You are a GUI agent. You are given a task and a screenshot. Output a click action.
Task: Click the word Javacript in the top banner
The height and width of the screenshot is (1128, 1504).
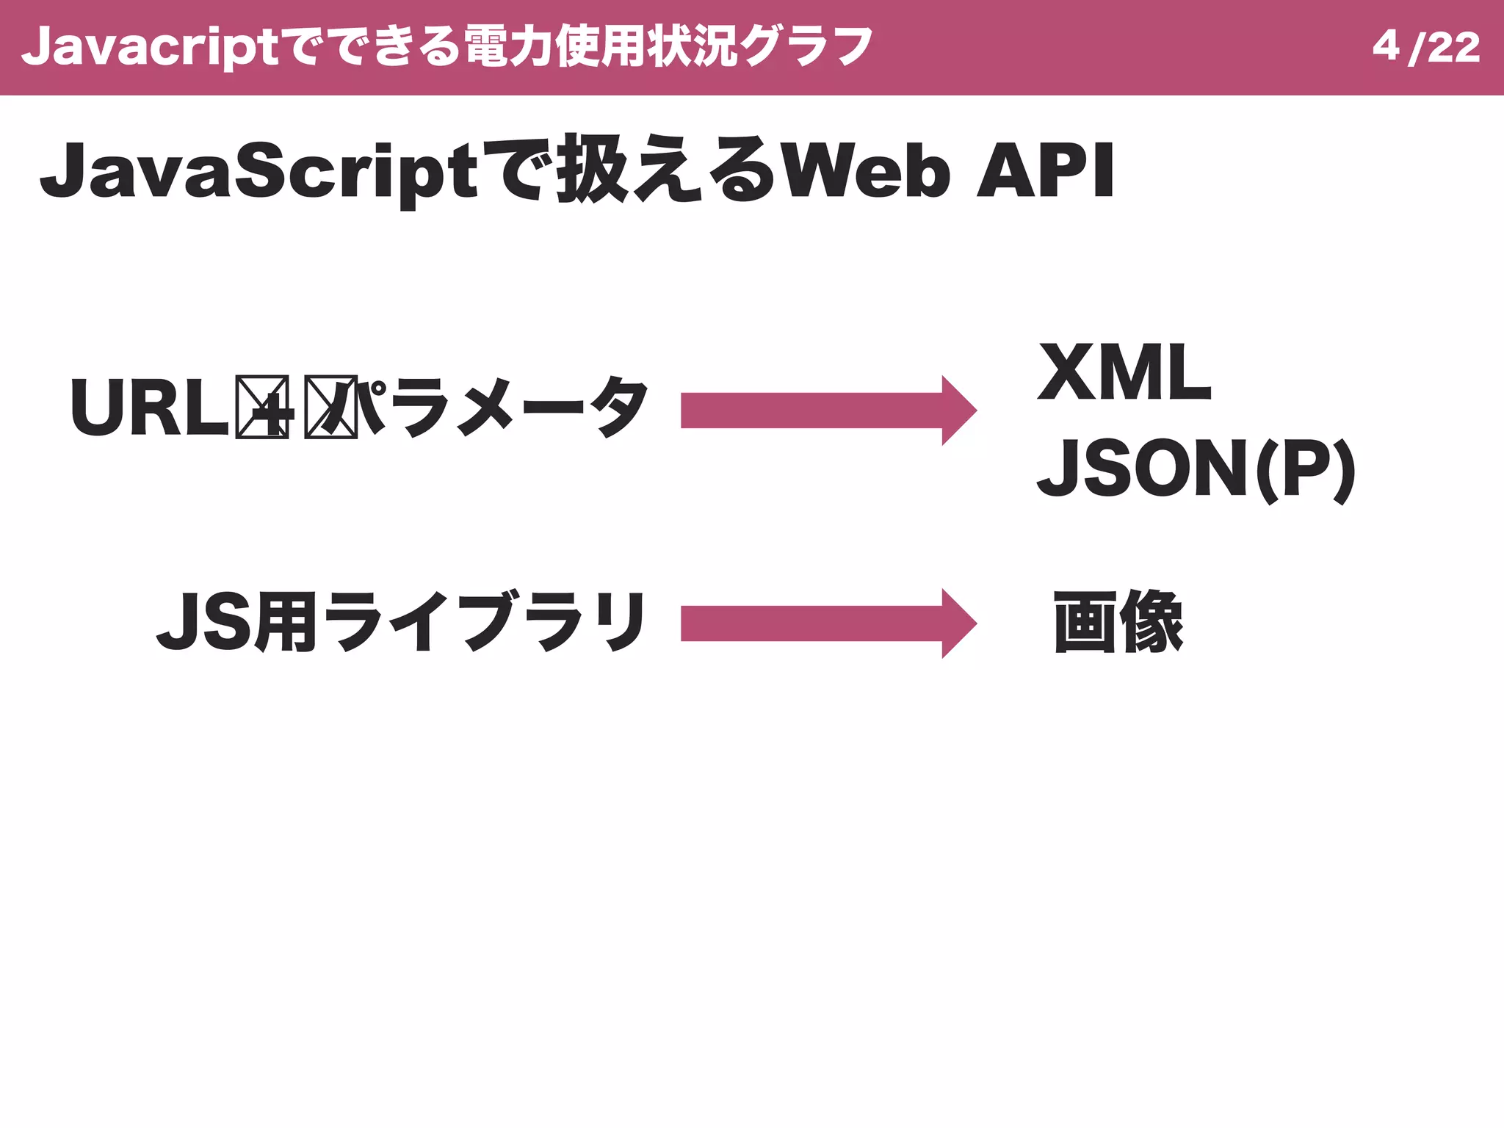(150, 47)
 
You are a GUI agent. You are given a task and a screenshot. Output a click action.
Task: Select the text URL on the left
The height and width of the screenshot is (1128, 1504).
(150, 408)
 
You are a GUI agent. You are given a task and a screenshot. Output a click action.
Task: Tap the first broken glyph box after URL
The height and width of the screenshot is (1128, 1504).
(262, 408)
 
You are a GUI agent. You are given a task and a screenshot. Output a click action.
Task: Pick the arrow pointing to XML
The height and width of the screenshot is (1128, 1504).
(828, 411)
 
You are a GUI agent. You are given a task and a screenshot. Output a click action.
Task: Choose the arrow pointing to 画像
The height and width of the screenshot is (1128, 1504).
(828, 623)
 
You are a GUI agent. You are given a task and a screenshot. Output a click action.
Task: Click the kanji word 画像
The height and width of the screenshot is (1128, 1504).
(1118, 622)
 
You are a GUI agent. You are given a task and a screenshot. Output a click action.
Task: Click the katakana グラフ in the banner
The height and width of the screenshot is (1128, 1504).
(806, 47)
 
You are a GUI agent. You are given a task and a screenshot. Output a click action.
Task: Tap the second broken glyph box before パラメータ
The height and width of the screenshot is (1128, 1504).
(331, 408)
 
